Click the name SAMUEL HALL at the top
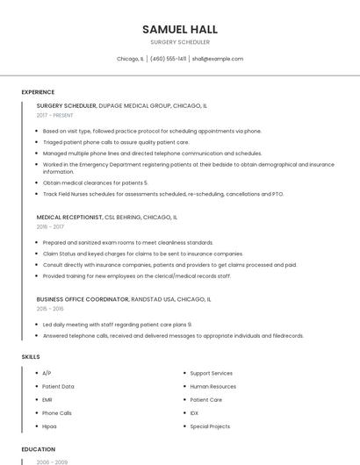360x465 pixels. [x=180, y=29]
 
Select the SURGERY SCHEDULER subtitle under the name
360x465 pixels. [x=180, y=41]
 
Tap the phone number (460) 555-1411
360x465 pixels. [x=169, y=59]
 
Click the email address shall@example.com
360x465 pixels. [x=217, y=59]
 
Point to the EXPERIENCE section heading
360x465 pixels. [x=38, y=92]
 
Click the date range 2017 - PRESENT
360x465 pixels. [x=55, y=115]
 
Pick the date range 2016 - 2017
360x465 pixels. [x=50, y=226]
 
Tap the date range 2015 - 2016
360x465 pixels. [x=50, y=309]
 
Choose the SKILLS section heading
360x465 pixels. [x=31, y=357]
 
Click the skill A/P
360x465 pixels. [x=47, y=373]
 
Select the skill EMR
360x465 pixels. [x=47, y=399]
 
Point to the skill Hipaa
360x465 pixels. [x=49, y=426]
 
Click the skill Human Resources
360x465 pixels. [x=212, y=386]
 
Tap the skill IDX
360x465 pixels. [x=194, y=412]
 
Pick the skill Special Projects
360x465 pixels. [x=210, y=426]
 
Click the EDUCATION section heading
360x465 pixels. [x=38, y=449]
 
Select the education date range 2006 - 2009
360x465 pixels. [x=52, y=461]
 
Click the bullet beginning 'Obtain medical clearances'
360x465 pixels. [x=96, y=182]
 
